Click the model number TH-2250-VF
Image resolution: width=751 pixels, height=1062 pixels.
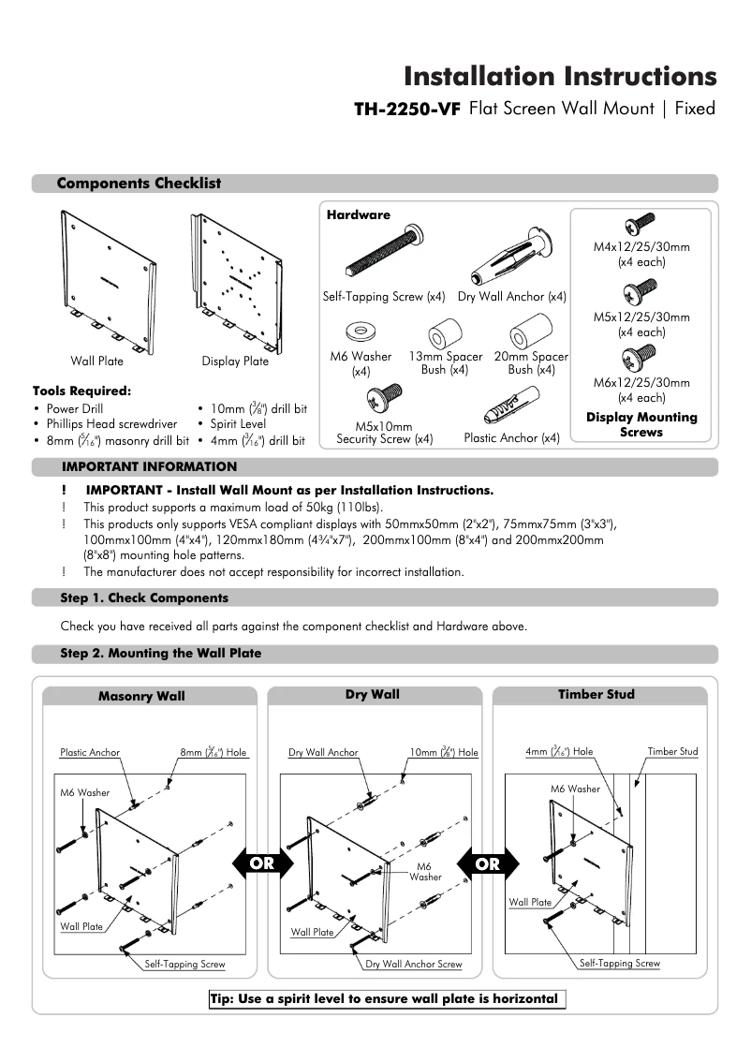[406, 109]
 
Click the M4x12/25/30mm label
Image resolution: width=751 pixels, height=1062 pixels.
[641, 247]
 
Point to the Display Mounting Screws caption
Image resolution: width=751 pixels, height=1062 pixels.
[641, 424]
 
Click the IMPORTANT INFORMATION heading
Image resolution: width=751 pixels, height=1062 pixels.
[150, 466]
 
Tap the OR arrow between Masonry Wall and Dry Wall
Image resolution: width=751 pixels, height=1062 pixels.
[262, 863]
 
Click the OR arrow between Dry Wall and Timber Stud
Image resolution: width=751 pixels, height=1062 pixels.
[487, 863]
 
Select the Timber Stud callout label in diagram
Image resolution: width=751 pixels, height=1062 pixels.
[672, 751]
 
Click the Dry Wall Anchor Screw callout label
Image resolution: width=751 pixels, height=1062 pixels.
[413, 964]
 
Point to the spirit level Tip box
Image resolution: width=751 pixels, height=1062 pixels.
[387, 998]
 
